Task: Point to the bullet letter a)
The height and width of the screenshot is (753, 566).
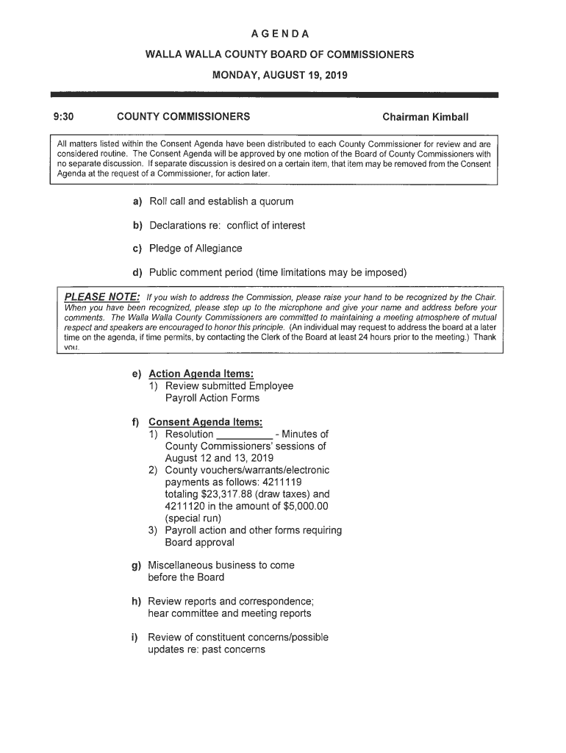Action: coord(137,201)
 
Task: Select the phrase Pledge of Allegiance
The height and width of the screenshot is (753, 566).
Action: coord(196,249)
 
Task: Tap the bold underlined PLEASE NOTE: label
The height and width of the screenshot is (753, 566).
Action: coord(103,296)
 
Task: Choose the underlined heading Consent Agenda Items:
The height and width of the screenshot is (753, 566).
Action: coord(205,422)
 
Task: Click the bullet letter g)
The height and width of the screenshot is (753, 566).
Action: coord(137,565)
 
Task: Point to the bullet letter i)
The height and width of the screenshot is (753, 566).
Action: coord(137,638)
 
